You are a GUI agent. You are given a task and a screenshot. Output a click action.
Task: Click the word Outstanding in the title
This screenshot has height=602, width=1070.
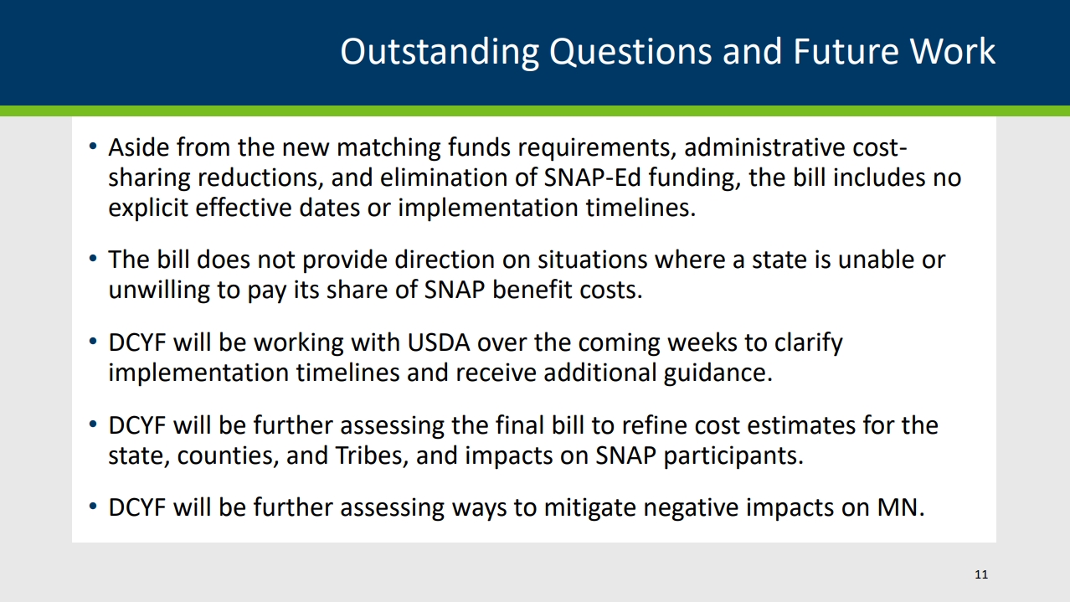point(440,52)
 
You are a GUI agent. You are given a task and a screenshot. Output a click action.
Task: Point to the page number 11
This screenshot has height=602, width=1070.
point(981,574)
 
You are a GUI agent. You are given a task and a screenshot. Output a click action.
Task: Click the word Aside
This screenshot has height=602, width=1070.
point(138,147)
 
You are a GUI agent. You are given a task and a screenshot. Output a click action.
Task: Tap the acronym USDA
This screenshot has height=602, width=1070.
point(439,342)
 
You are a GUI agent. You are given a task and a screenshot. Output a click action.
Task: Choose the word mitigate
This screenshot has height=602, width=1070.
point(590,508)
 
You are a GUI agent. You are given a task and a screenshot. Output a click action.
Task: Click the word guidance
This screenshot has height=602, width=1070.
point(718,373)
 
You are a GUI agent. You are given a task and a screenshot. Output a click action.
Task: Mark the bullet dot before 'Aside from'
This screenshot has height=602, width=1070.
point(93,147)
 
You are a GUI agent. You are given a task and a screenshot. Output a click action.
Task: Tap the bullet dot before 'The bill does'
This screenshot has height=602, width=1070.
point(93,259)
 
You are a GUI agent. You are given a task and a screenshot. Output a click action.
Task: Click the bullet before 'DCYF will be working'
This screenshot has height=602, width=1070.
point(93,342)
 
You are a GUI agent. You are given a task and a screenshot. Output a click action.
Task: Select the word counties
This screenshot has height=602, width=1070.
point(228,455)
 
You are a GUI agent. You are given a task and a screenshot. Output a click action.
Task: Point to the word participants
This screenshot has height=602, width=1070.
point(733,456)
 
